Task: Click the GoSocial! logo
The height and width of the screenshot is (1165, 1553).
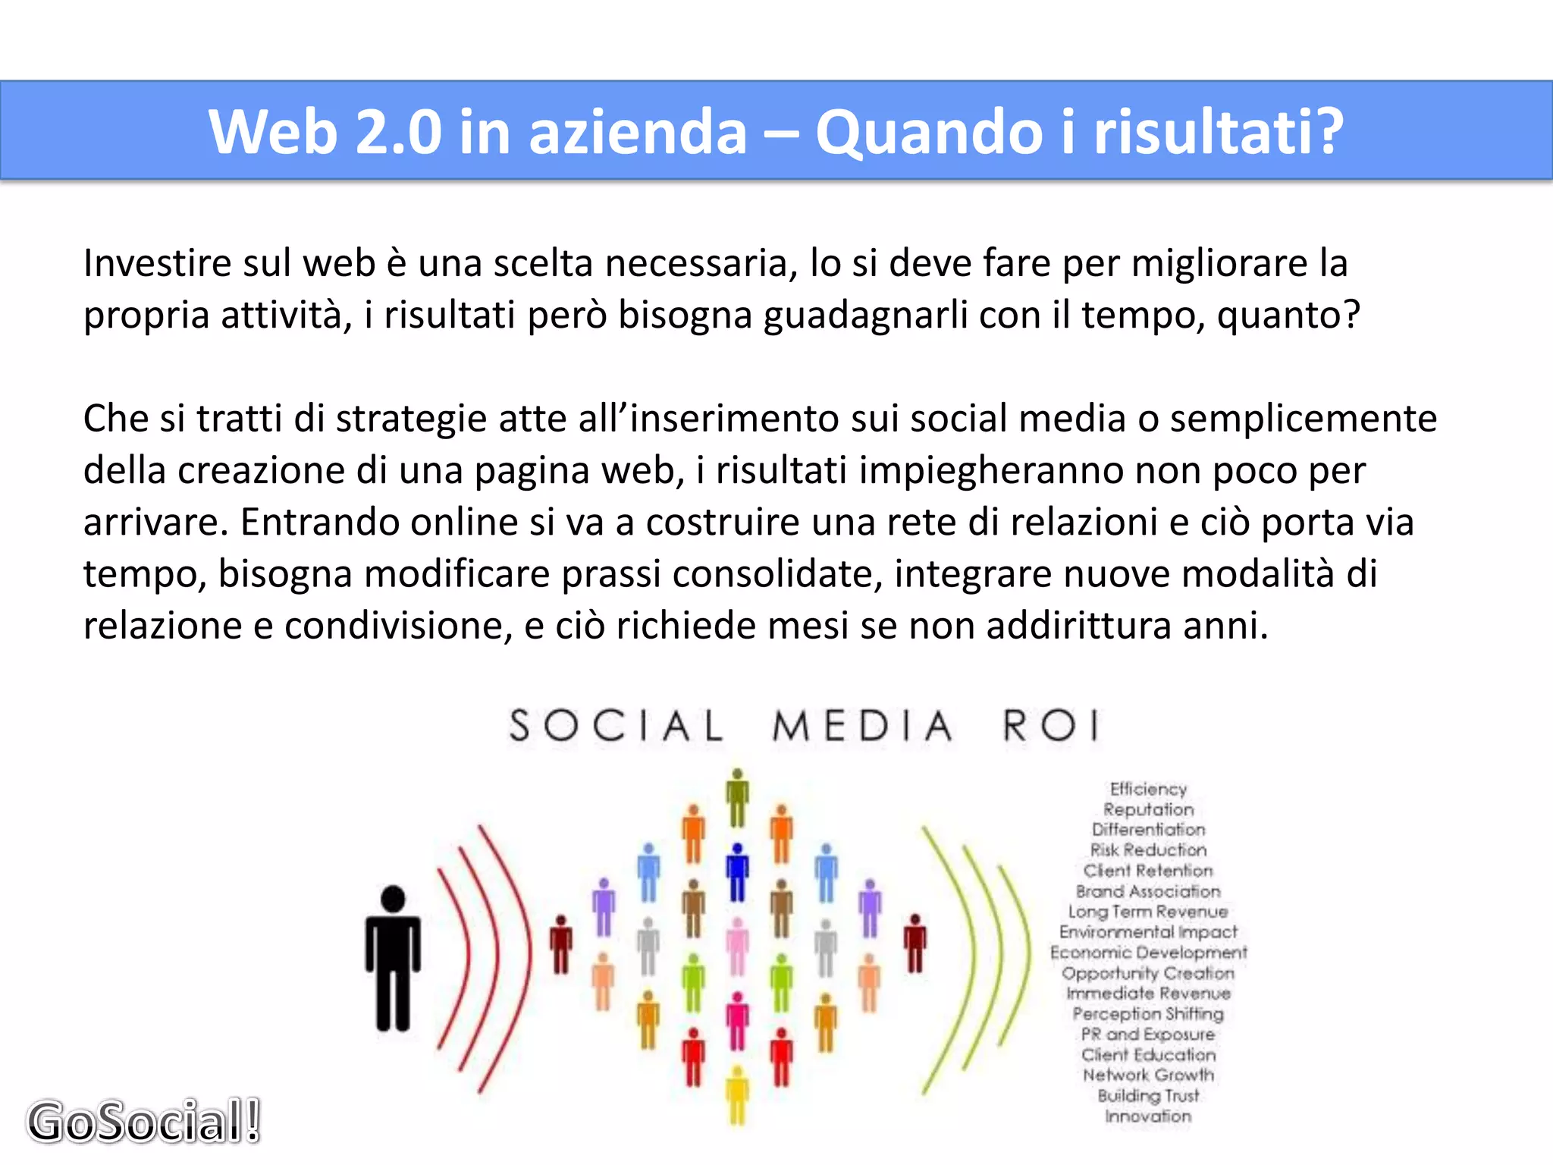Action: point(144,1121)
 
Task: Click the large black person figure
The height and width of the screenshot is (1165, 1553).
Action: point(393,957)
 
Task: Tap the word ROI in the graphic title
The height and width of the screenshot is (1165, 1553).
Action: point(1050,725)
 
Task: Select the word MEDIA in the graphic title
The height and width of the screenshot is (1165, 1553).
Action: point(862,726)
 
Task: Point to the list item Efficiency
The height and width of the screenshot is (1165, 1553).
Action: point(1148,789)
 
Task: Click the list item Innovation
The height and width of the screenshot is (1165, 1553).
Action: point(1148,1116)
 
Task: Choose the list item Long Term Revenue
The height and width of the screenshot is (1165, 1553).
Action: point(1148,912)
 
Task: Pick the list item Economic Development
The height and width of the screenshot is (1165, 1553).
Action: point(1148,952)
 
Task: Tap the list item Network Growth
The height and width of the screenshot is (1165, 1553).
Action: point(1148,1075)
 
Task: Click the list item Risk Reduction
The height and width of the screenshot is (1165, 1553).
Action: point(1148,850)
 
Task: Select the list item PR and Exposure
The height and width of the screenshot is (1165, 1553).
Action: point(1148,1034)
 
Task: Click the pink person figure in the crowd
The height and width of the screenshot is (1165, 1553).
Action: point(737,944)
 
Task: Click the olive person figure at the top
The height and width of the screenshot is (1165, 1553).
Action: point(737,796)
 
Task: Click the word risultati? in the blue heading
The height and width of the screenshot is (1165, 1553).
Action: point(1219,132)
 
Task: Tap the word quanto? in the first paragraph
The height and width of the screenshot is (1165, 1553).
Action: point(1288,315)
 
